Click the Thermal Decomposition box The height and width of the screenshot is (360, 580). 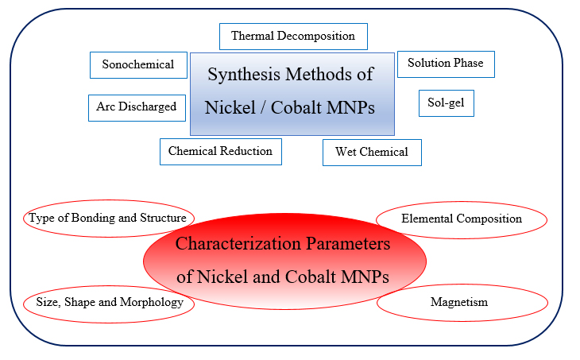tap(293, 37)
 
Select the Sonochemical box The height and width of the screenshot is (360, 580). tap(138, 65)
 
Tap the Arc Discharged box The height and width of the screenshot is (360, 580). tap(137, 107)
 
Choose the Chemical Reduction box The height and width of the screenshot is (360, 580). tap(220, 151)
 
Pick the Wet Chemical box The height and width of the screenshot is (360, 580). tap(372, 152)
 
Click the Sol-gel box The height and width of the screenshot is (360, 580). tap(446, 103)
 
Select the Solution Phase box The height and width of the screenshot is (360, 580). tap(446, 64)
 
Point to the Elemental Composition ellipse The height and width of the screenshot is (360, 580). tap(462, 219)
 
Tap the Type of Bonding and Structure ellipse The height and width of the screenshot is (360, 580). tap(107, 218)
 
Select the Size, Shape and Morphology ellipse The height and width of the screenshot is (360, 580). tap(110, 303)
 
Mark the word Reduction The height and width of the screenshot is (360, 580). tap(246, 151)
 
